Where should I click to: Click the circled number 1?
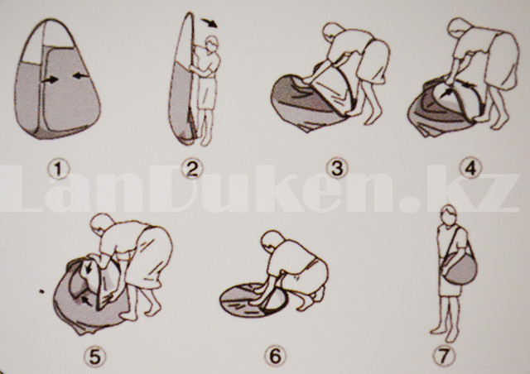(58, 169)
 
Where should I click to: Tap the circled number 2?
(192, 169)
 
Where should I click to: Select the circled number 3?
(337, 168)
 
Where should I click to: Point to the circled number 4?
(471, 168)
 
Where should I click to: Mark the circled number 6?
(275, 356)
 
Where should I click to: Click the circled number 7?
(444, 356)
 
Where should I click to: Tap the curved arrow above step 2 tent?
(210, 22)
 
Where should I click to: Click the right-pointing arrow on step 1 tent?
(50, 79)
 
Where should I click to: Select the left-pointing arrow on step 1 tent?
(80, 75)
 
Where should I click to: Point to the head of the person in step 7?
(449, 215)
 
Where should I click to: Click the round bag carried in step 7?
(460, 269)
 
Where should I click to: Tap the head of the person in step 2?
(212, 43)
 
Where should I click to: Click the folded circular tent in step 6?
(253, 300)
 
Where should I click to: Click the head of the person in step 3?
(333, 33)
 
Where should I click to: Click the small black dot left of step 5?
(41, 291)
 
